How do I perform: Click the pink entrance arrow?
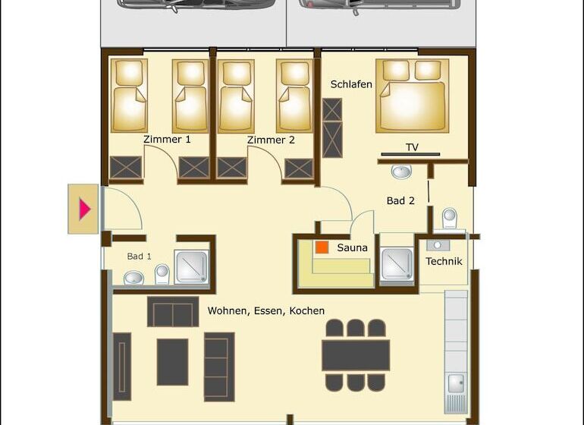[84, 209]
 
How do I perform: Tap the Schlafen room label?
[351, 84]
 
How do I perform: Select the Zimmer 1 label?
[167, 140]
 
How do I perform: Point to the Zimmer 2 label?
[271, 140]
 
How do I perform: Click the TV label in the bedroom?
[412, 147]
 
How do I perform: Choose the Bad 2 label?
[400, 200]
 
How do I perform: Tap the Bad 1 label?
[140, 256]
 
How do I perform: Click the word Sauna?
[352, 247]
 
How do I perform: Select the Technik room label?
[444, 261]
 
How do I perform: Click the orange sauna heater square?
[322, 247]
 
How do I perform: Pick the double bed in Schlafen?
[413, 96]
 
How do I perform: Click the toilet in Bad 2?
[450, 218]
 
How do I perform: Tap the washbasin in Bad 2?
[401, 172]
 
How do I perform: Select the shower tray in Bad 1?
[191, 267]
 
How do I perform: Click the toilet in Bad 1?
[162, 274]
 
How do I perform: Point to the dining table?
[356, 355]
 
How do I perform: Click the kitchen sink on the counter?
[456, 383]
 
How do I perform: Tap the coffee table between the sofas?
[172, 362]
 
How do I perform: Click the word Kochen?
[307, 311]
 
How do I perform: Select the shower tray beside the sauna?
[397, 264]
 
